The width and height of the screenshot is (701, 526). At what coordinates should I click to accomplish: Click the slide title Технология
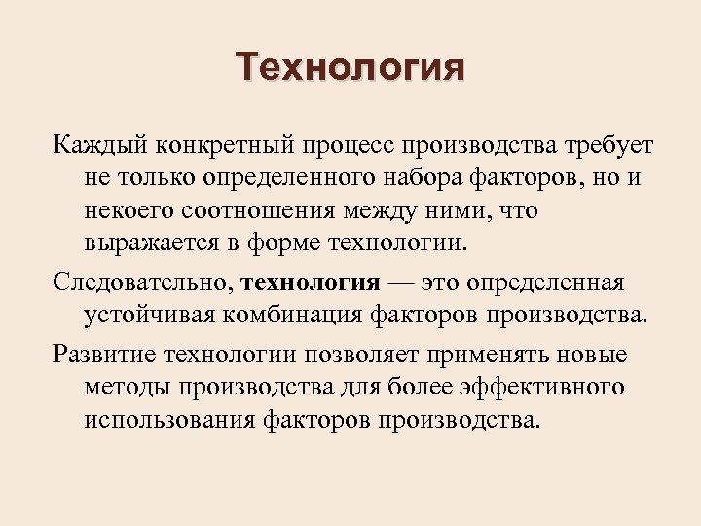click(x=350, y=69)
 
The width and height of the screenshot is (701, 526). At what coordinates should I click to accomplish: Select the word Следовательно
click(x=142, y=283)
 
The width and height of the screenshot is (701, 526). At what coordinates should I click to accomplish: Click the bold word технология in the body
click(x=310, y=283)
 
